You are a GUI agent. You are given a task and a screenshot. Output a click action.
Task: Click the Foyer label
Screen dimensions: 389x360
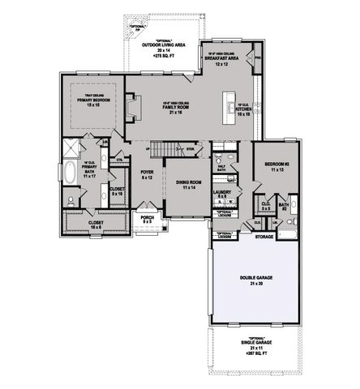[x=148, y=174]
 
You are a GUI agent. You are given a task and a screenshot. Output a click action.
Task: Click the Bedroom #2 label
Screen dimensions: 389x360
[x=276, y=168]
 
